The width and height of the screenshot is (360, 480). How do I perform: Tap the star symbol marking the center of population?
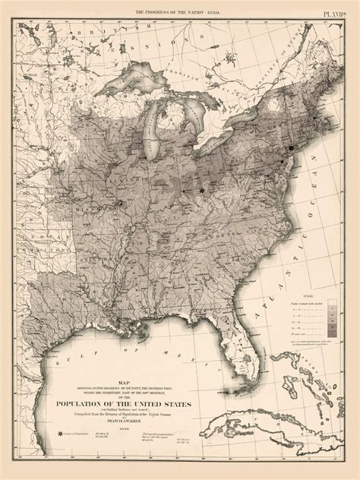pyautogui.click(x=201, y=191)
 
